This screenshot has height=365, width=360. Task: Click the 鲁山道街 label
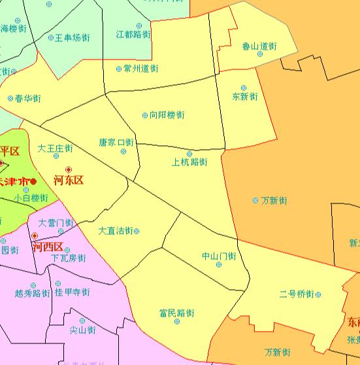[259, 46]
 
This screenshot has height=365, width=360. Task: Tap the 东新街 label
[245, 97]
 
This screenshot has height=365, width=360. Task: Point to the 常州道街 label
[140, 68]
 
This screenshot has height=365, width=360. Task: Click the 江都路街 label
[133, 33]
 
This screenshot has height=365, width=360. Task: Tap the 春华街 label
[27, 98]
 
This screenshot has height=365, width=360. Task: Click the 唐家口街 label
[116, 142]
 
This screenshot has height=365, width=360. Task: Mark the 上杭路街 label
[189, 162]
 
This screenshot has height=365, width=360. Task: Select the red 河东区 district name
[69, 181]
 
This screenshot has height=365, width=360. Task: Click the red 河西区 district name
[49, 247]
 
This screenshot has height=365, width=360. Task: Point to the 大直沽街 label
[116, 231]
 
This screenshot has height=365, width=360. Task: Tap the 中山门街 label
[219, 256]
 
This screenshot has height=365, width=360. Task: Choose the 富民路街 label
[176, 313]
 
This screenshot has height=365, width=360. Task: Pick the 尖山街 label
[82, 330]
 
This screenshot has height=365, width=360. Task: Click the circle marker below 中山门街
[219, 264]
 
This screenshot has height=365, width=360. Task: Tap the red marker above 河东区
[69, 169]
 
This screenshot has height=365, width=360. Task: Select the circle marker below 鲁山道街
[259, 54]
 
